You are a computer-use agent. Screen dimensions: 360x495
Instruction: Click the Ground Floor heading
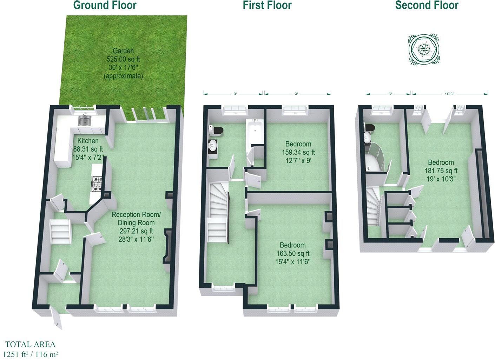coord(105,5)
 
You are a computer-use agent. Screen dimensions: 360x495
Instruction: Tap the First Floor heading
coord(267,5)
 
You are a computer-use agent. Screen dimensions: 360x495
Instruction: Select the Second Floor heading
coord(427,5)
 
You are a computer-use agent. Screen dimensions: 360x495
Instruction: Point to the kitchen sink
coord(85,121)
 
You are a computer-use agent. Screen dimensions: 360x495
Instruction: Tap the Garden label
coord(123,51)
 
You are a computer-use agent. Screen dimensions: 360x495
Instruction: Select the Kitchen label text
coord(88,141)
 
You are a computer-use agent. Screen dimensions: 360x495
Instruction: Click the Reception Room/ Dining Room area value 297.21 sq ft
coord(136,231)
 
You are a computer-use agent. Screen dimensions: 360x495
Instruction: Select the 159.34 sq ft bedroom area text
coord(298,152)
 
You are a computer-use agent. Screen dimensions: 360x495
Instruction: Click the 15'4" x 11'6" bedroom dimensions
coord(292,261)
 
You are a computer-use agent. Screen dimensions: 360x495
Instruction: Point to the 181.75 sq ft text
coord(441,171)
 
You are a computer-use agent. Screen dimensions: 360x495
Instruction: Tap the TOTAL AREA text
coord(30,345)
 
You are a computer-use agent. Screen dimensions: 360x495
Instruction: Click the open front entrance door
coord(57,318)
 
